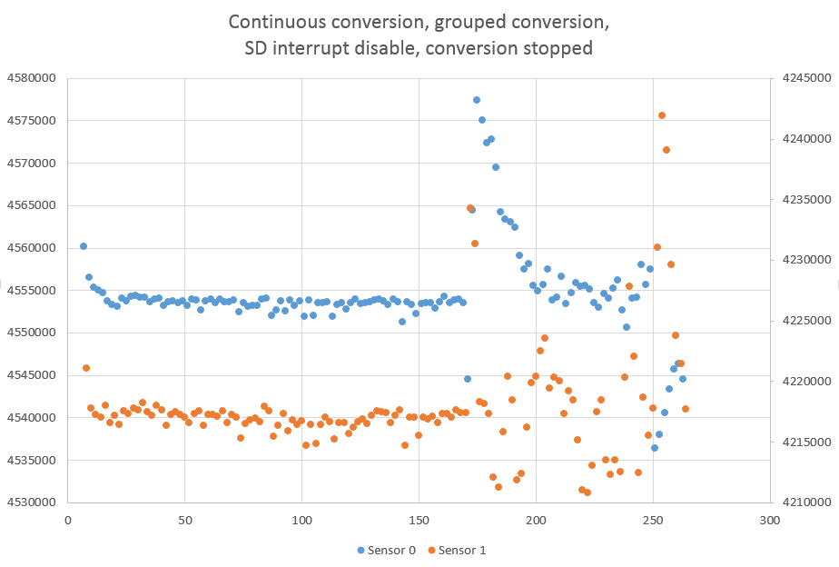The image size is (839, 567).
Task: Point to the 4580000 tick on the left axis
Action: (31, 78)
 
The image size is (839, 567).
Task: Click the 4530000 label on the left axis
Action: (31, 502)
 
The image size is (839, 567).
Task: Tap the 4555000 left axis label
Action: (31, 290)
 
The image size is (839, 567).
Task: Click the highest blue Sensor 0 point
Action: (477, 100)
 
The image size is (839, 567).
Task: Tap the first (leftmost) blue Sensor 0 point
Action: (84, 246)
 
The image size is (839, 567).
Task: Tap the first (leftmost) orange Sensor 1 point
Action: (86, 368)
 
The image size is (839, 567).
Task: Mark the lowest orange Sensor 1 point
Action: (587, 492)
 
